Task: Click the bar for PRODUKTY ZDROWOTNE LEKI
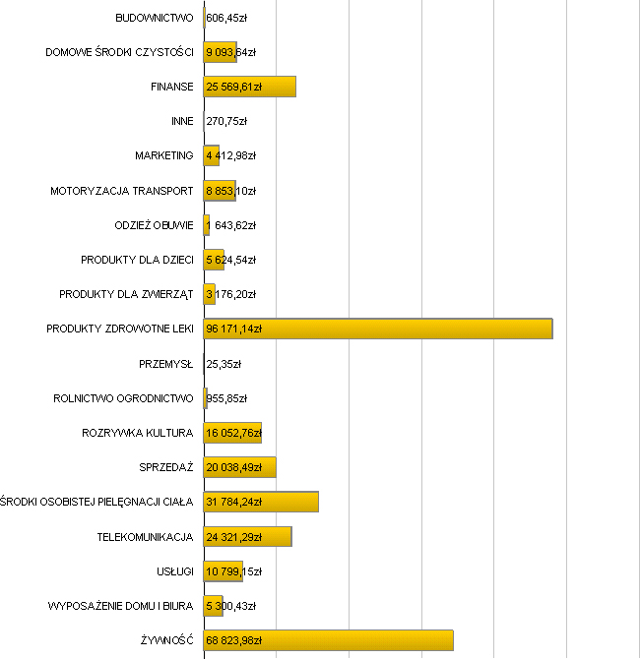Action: [x=414, y=329]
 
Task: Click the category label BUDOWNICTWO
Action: [x=154, y=18]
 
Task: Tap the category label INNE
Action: [x=182, y=121]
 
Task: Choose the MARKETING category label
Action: [x=164, y=155]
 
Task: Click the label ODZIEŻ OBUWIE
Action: [x=154, y=225]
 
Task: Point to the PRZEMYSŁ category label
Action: [x=166, y=364]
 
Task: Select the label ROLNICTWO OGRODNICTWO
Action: [x=123, y=398]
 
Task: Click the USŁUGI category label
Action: [x=174, y=571]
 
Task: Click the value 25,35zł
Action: [x=224, y=364]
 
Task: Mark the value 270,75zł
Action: [x=226, y=121]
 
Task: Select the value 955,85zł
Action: [x=226, y=398]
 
